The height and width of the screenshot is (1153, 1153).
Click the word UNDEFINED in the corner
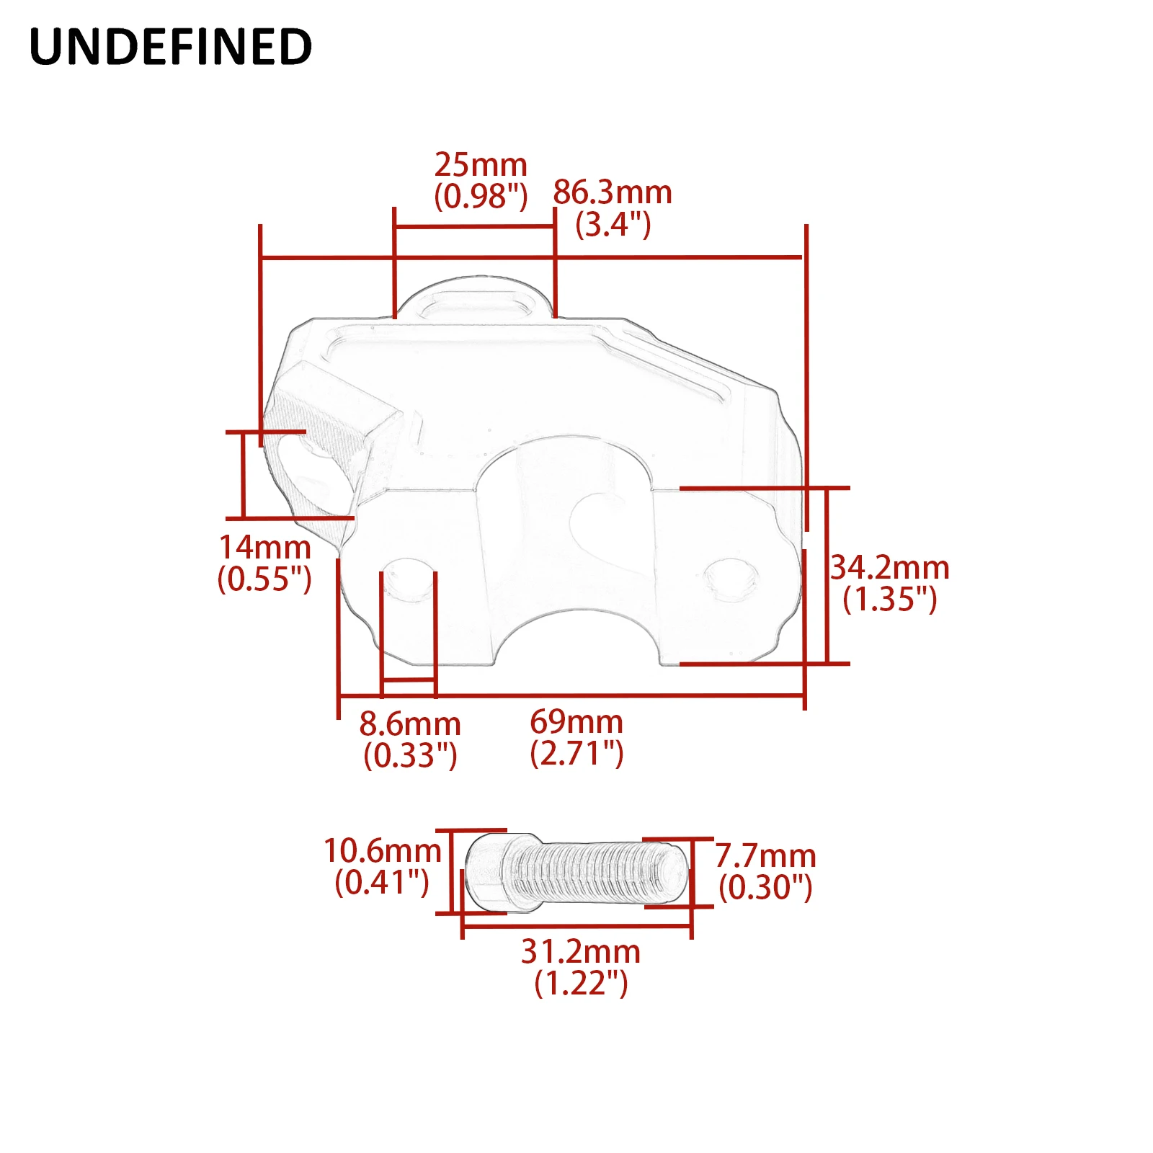pos(171,47)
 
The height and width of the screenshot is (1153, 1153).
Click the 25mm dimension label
pos(481,165)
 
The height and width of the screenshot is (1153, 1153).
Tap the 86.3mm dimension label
pos(613,192)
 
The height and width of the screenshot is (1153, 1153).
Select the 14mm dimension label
pos(264,547)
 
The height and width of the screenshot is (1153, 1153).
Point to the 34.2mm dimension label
pos(890,568)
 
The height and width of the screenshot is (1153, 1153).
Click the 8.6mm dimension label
pos(410,724)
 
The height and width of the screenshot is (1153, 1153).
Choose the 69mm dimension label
pos(576,721)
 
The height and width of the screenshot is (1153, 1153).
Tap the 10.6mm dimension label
pos(382,850)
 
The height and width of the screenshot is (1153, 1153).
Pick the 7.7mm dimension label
pos(765,856)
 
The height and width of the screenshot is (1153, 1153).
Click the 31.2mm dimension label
pos(581,951)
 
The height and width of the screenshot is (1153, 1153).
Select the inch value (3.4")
pos(613,225)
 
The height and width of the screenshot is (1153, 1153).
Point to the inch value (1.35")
pos(890,600)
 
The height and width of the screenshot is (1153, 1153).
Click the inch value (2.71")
pos(576,753)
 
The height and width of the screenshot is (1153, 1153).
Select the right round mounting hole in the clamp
pos(731,579)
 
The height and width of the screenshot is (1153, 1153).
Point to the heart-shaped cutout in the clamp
pos(600,525)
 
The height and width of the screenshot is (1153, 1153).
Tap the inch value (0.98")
pos(481,196)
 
